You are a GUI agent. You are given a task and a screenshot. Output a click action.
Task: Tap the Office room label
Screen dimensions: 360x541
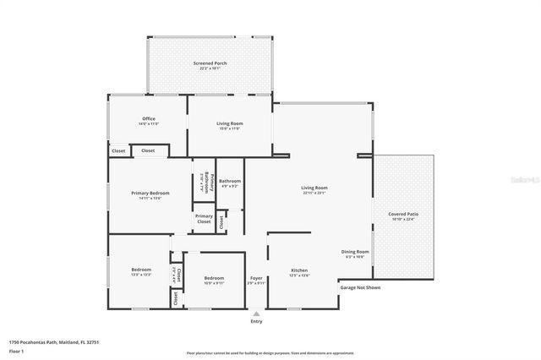[149, 120]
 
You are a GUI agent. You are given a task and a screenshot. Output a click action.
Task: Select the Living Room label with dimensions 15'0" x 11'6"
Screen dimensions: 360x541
[230, 126]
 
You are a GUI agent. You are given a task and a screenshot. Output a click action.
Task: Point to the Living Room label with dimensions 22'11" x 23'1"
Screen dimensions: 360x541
[314, 189]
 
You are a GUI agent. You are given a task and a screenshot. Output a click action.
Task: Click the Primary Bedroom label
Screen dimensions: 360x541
[150, 194]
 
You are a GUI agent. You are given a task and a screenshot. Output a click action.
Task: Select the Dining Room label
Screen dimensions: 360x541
[355, 253]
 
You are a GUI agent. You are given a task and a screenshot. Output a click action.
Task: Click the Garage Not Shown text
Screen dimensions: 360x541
[360, 287]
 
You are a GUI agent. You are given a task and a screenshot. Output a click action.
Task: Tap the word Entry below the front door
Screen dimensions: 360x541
[256, 321]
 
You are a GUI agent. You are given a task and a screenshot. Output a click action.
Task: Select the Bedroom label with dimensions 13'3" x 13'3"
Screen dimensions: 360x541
[141, 271]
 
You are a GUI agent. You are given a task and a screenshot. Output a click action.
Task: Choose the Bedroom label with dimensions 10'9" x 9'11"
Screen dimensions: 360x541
[214, 280]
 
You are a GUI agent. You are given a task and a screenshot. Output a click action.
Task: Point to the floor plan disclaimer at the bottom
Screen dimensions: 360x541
[270, 353]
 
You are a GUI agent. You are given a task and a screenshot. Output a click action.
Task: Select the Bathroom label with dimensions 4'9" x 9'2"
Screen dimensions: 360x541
[230, 183]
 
